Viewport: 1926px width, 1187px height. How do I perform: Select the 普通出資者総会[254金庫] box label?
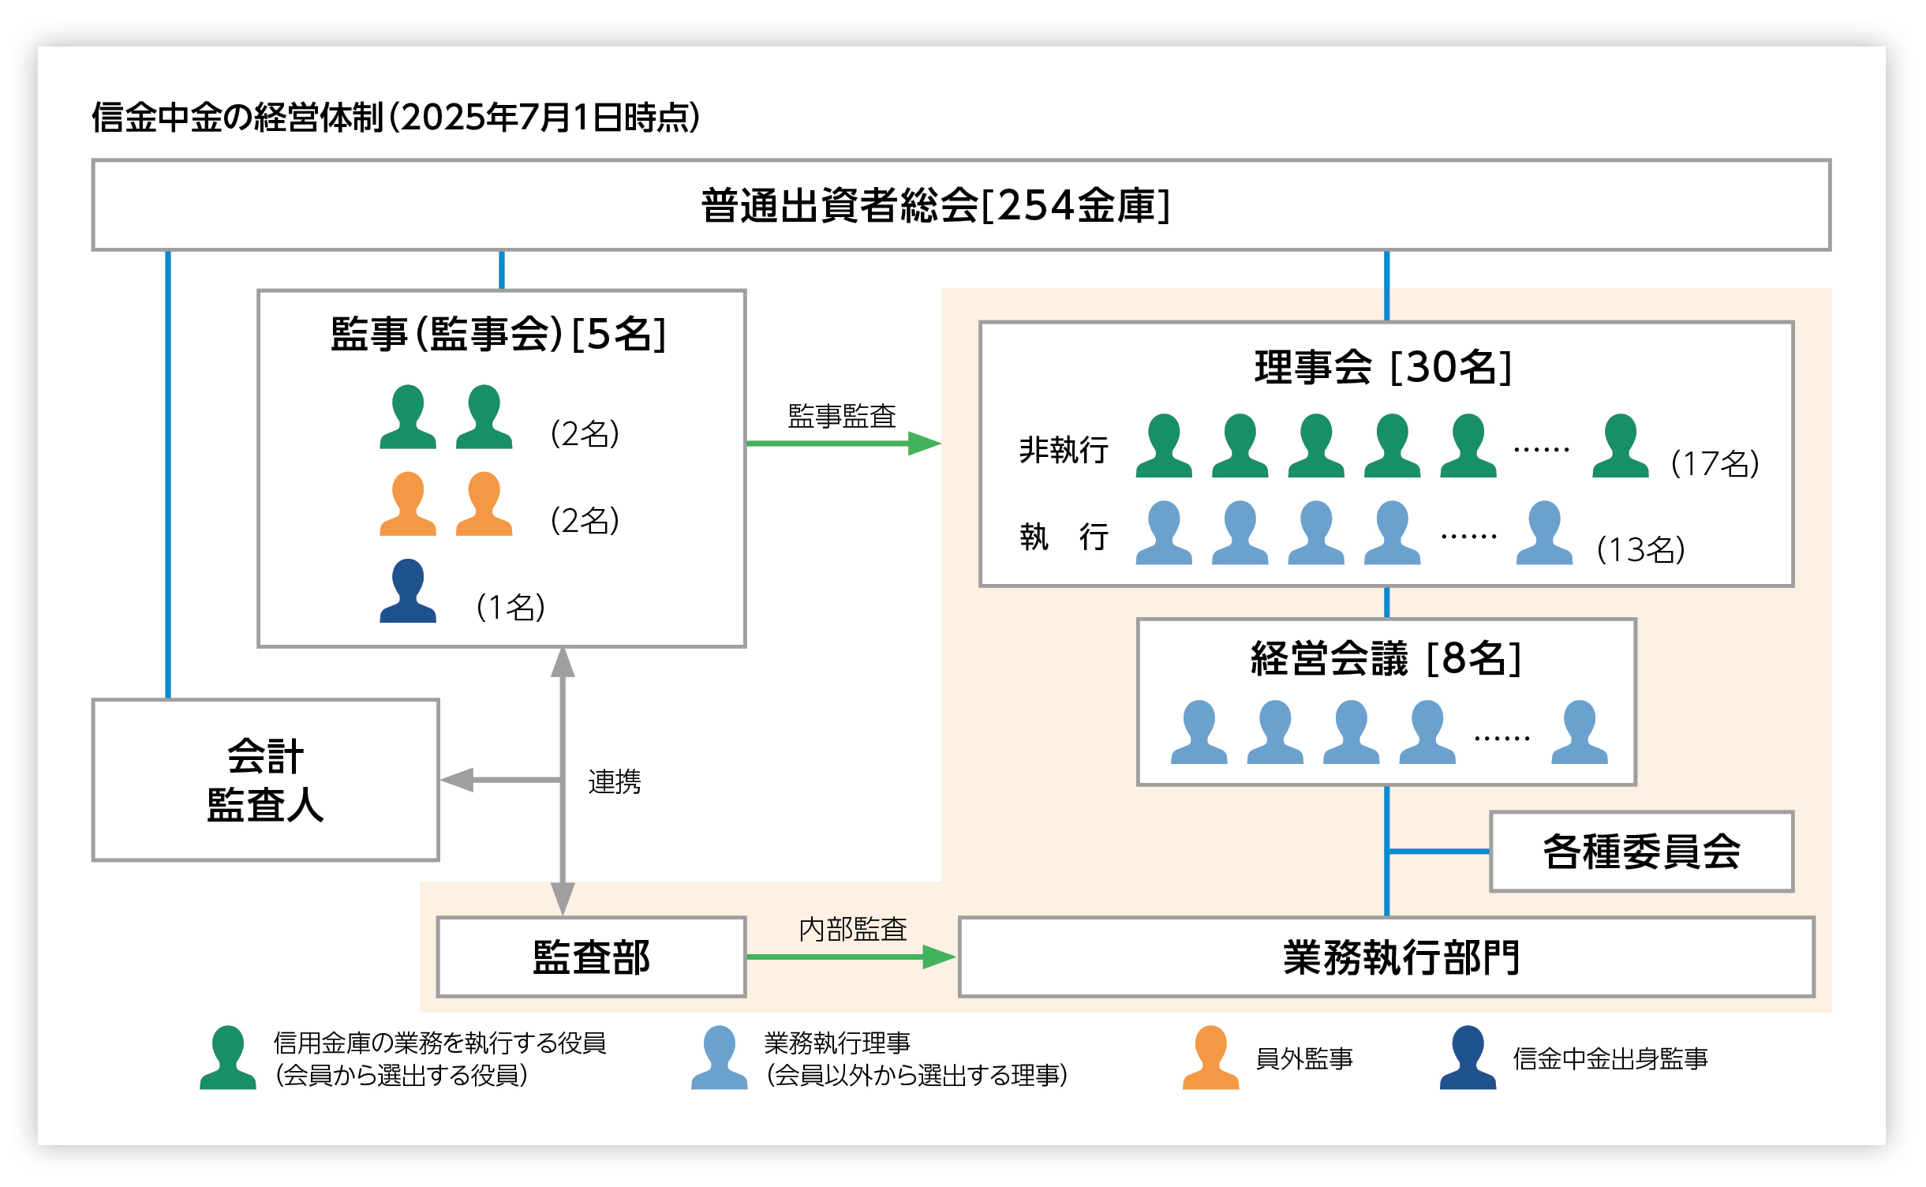(935, 206)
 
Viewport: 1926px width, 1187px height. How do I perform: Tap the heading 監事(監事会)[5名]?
(498, 334)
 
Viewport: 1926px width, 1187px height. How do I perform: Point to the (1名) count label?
(510, 608)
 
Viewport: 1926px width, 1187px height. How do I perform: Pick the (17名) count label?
(1715, 463)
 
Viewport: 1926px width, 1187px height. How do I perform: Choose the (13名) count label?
(1640, 550)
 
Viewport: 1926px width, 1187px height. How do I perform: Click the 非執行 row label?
(1064, 450)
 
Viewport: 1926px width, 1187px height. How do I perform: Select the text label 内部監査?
(852, 930)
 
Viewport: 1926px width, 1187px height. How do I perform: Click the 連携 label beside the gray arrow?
(614, 782)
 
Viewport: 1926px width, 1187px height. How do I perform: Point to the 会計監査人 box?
(265, 780)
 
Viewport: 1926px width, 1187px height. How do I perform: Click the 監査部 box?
(591, 957)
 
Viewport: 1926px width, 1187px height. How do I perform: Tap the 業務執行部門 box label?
(1401, 958)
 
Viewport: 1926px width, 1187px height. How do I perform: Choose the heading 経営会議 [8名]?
(1386, 659)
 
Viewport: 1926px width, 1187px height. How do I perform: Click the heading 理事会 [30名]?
(1384, 368)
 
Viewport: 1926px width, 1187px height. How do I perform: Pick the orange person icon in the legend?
(1210, 1058)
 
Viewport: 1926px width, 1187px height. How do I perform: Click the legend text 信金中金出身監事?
(1610, 1059)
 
